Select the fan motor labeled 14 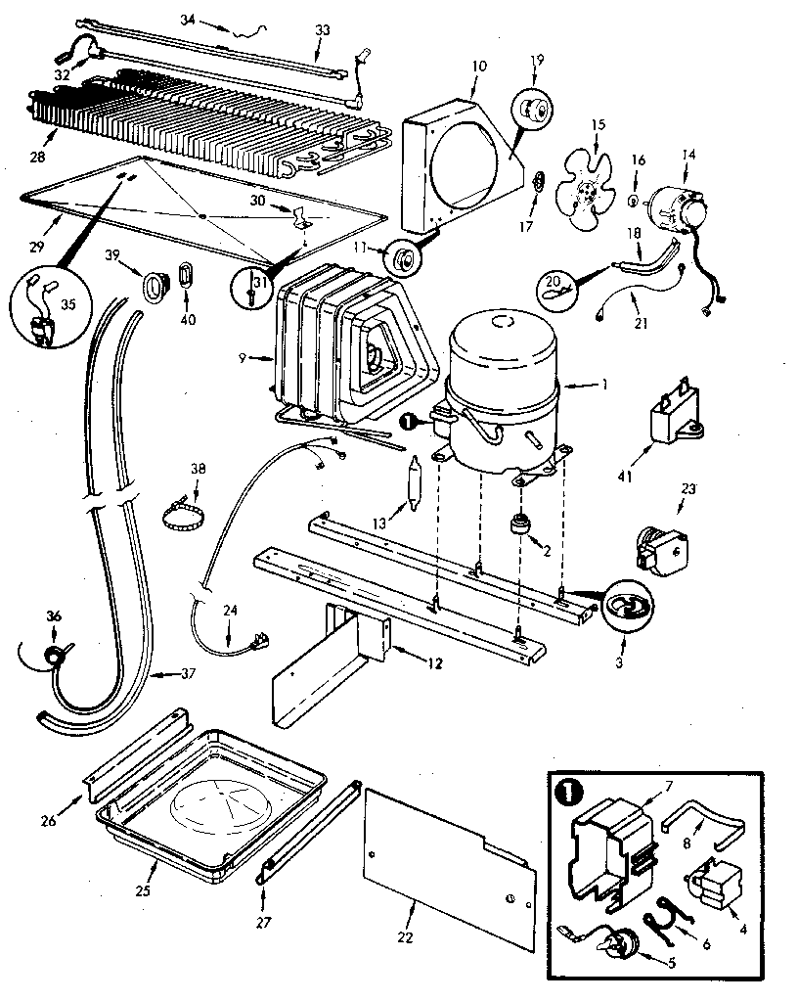(x=674, y=210)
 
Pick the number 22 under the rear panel (x=406, y=937)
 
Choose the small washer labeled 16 (x=633, y=201)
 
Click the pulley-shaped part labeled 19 (x=531, y=109)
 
